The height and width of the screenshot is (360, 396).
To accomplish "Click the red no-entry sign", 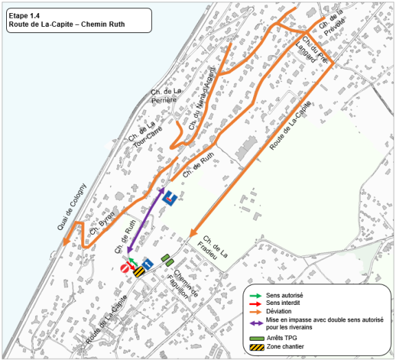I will click(x=126, y=268).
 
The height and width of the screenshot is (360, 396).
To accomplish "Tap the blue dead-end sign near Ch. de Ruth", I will click(x=169, y=199).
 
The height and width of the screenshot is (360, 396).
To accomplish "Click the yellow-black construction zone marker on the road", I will click(x=138, y=272).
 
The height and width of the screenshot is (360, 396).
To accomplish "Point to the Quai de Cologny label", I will click(x=71, y=207).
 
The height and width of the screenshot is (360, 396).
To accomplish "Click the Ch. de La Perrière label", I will click(x=165, y=96).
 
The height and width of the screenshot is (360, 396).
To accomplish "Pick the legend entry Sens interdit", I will click(x=280, y=303).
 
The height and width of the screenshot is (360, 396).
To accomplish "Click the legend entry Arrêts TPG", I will click(x=281, y=337).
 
